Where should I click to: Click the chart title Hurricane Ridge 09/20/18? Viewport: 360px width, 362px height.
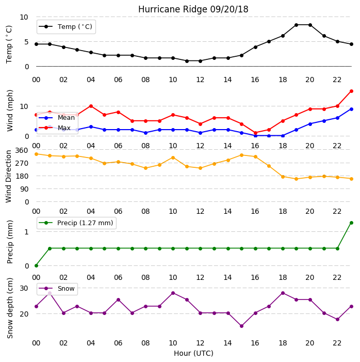(193, 9)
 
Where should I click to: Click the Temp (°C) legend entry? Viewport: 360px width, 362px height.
(66, 27)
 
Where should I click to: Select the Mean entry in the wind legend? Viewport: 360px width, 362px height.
(57, 118)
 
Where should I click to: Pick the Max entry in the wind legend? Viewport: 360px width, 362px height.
(55, 128)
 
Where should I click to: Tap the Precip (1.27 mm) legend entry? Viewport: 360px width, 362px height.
(76, 223)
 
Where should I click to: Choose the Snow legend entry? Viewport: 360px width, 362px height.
(57, 289)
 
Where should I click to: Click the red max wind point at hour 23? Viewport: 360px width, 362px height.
(351, 91)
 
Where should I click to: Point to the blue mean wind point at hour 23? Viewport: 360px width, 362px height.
(351, 109)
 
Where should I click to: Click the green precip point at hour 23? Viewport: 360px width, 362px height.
(351, 223)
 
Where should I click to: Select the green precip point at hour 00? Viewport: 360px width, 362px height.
(36, 265)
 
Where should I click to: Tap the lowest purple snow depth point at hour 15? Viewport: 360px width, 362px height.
(241, 326)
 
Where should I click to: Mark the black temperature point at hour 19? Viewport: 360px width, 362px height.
(297, 25)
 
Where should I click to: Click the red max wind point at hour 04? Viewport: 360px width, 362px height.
(91, 106)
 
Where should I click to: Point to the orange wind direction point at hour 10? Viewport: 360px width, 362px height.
(173, 158)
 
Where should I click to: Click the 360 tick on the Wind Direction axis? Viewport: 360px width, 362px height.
(22, 150)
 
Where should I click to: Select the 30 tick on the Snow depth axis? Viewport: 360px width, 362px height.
(24, 288)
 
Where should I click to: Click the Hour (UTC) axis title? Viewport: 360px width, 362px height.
(193, 353)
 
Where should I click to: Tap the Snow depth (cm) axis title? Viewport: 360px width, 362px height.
(10, 308)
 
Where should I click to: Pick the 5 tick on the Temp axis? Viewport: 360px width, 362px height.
(26, 42)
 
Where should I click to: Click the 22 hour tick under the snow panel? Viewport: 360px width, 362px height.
(337, 343)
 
